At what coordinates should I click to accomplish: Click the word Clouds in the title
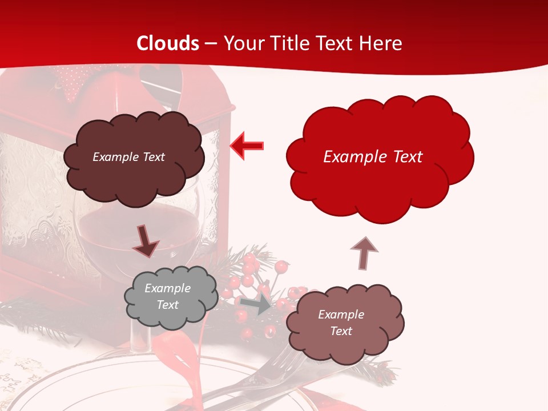click(x=168, y=43)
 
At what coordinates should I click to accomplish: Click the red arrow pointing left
click(x=247, y=146)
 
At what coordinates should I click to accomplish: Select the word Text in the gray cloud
click(x=168, y=305)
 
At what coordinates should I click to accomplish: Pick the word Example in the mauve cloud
click(x=341, y=315)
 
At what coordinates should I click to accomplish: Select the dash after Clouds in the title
click(x=211, y=43)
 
